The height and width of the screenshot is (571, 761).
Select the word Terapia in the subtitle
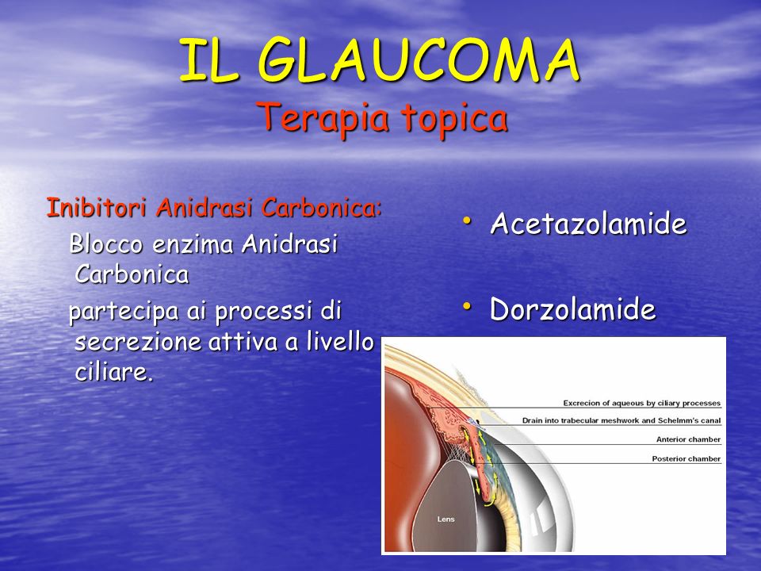click(x=323, y=119)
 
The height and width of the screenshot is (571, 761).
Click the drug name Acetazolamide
click(x=588, y=224)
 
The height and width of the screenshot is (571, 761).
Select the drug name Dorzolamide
click(x=572, y=308)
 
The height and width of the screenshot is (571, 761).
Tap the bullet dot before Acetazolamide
click(x=467, y=220)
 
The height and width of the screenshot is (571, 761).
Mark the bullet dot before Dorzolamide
click(x=467, y=306)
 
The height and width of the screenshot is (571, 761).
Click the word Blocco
click(x=106, y=243)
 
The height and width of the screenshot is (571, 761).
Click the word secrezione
click(x=138, y=342)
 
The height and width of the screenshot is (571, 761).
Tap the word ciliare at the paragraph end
click(x=114, y=373)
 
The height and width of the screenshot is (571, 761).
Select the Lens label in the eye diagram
click(x=446, y=519)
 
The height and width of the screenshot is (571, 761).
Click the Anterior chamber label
click(x=688, y=439)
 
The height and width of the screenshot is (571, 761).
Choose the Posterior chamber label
click(x=686, y=459)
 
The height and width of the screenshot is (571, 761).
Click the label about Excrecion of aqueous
click(x=641, y=403)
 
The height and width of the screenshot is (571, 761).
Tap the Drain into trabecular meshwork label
click(x=621, y=420)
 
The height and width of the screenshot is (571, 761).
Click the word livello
click(x=340, y=341)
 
